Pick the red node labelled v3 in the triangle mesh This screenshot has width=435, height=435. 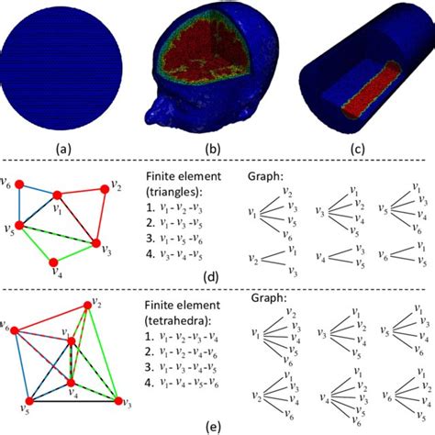[x=96, y=243]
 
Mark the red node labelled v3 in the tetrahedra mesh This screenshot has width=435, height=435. [x=117, y=401]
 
